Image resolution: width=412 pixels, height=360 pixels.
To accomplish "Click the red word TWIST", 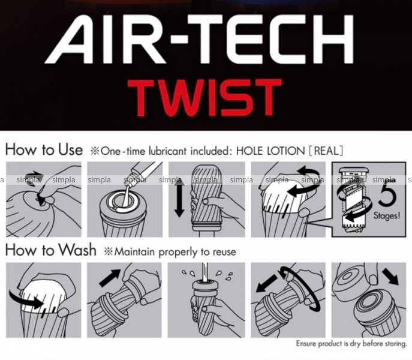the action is tap(204, 98).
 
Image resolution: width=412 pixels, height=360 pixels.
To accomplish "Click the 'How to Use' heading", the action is tap(44, 149).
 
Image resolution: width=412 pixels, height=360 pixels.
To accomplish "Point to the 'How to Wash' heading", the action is tap(51, 250).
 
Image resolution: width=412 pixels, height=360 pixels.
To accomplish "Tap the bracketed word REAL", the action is tap(326, 151).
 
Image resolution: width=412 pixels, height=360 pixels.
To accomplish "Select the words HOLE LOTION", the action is tap(270, 151).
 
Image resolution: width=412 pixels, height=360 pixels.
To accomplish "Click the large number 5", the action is tap(387, 194).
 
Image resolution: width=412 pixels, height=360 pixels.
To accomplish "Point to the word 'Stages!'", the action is tap(387, 215).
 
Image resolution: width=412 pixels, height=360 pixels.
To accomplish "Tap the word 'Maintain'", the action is tap(134, 251).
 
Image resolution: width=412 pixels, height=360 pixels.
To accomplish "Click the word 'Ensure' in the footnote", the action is tap(306, 343).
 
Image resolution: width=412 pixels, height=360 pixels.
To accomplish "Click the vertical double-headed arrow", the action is tap(179, 197).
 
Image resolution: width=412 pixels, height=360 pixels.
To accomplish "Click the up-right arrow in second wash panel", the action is tap(110, 278).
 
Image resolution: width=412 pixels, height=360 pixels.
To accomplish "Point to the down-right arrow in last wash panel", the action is tap(391, 277).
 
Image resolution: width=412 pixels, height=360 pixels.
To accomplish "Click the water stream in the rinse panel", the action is tap(204, 272).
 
